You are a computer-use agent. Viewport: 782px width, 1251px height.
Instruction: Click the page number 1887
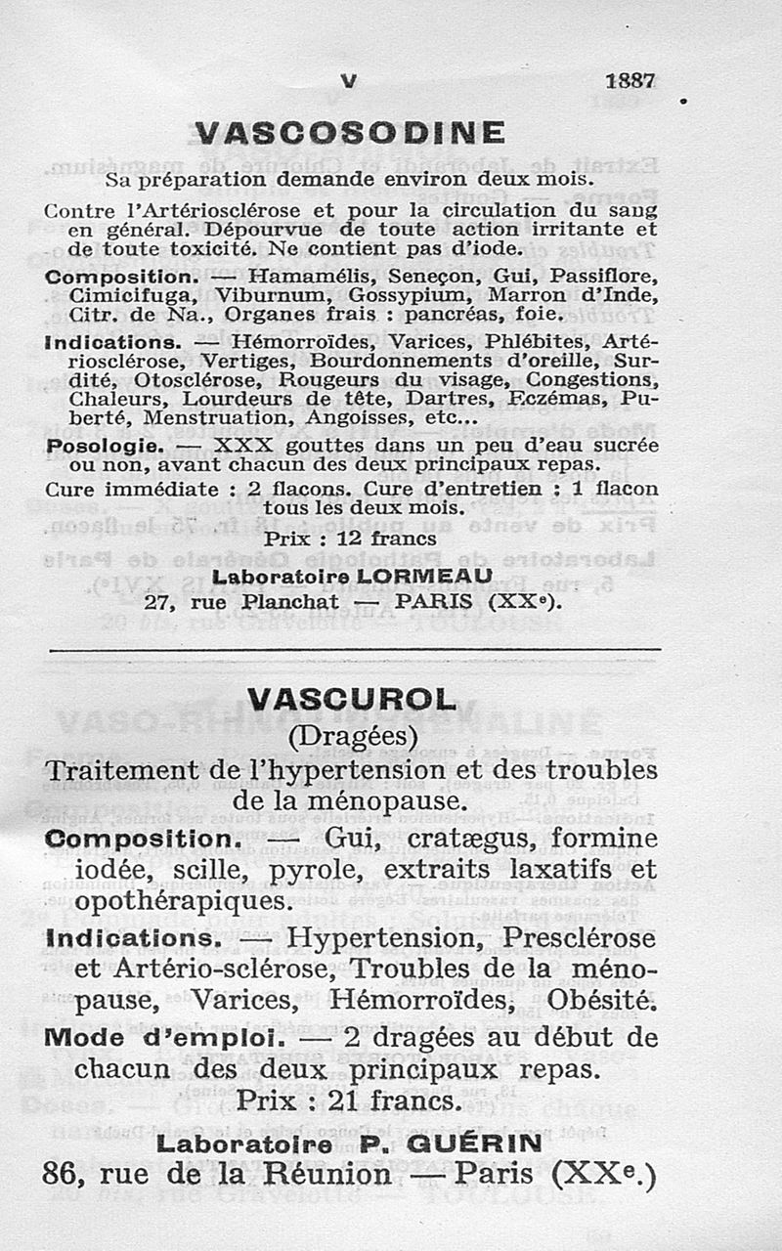coord(630,82)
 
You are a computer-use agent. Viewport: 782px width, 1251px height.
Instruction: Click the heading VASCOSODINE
coord(350,133)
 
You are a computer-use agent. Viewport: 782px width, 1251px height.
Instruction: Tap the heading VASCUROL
coord(352,699)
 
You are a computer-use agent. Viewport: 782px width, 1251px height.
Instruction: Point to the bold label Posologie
coord(105,445)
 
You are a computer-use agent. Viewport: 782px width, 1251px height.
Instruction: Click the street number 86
coord(61,1174)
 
